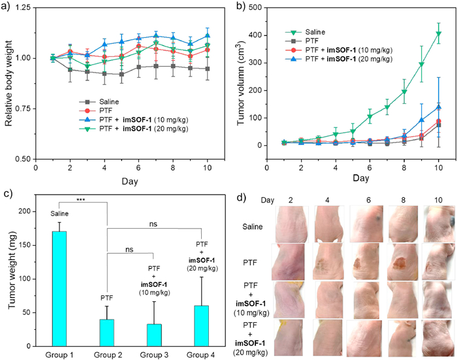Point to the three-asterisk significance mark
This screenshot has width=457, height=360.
click(82, 199)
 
